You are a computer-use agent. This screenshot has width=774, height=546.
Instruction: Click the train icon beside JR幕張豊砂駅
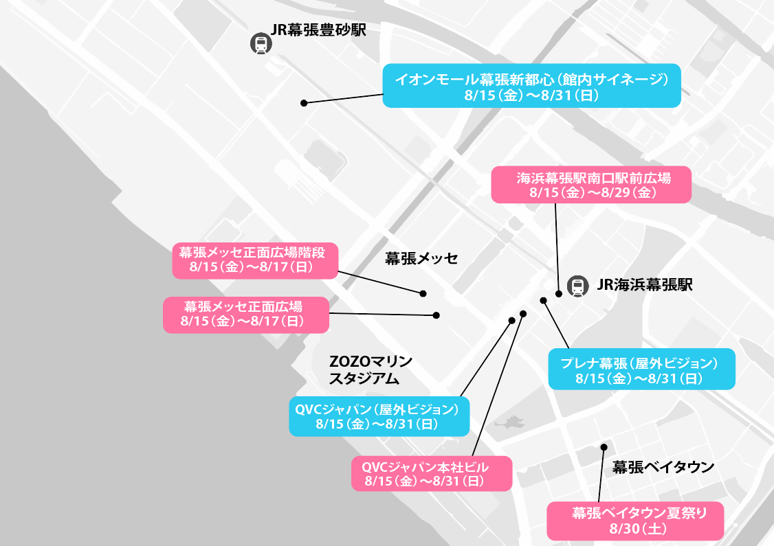(261, 43)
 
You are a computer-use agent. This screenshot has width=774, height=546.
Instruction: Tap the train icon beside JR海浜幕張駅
(577, 286)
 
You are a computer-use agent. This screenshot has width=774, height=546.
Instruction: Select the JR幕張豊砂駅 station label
(318, 30)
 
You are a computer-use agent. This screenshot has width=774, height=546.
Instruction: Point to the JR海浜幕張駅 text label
(645, 284)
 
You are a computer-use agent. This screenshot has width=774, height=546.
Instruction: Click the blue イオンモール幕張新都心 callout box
(531, 85)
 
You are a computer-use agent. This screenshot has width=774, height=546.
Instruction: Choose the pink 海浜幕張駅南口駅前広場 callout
(591, 185)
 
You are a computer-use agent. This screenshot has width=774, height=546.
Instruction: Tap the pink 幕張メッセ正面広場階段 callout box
(255, 260)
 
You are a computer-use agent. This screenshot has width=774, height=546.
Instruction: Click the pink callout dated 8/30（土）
(635, 521)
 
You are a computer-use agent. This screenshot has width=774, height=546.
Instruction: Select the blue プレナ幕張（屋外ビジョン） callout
(642, 369)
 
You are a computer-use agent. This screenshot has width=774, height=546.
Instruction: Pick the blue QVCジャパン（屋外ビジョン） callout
(379, 416)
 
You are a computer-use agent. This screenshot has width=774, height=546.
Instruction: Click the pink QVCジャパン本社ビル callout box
(432, 473)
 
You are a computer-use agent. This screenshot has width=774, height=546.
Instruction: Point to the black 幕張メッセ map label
(421, 258)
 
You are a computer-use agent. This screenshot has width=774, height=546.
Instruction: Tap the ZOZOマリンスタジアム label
(371, 370)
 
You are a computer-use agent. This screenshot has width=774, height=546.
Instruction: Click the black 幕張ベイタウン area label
(663, 466)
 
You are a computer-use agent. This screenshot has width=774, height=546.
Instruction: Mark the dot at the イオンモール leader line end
(304, 103)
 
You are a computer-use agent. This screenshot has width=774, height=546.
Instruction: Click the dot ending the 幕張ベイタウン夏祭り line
(604, 447)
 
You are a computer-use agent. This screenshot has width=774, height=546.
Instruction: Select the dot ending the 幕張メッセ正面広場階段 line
(423, 293)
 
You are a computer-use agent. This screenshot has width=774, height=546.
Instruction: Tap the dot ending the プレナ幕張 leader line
(544, 300)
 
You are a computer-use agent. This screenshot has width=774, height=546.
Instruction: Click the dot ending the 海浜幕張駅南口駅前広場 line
(559, 293)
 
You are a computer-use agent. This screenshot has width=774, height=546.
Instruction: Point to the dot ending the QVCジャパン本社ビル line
(523, 314)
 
